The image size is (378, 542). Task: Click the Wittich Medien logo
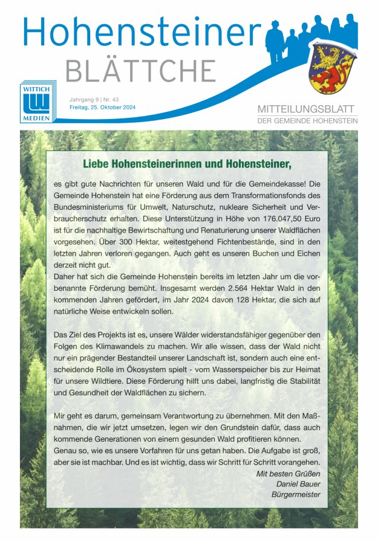(x=36, y=101)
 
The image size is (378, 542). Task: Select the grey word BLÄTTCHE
(x=140, y=71)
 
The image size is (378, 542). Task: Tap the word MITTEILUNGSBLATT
(x=307, y=109)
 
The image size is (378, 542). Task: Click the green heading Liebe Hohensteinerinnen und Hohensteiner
(x=187, y=164)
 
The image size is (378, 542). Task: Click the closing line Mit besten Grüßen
(x=288, y=473)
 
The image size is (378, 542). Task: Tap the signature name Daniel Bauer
(x=298, y=484)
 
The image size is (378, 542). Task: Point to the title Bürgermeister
(x=296, y=495)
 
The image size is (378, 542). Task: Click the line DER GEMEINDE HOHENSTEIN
(x=307, y=121)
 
